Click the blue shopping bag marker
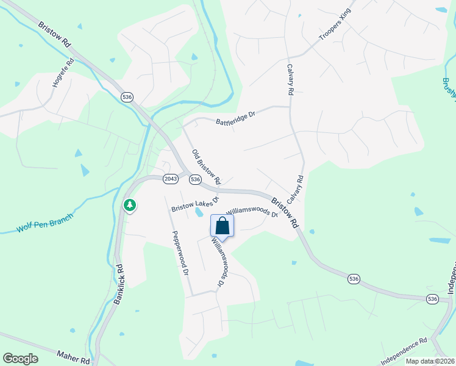pos(222,226)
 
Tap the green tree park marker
pos(130,206)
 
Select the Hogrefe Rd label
pos(63,72)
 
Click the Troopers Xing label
pos(336,25)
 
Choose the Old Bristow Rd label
pos(206,167)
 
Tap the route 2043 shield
pos(171,178)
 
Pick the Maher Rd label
pos(73,356)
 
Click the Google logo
pos(20,358)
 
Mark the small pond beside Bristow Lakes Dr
pos(199,213)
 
